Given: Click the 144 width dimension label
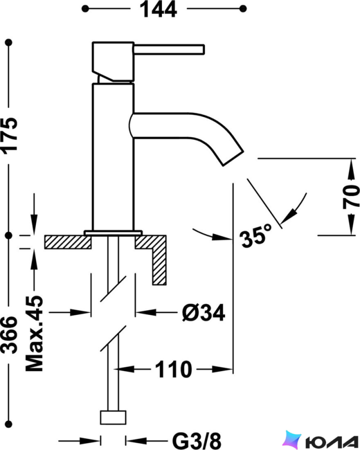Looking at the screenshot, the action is [x=158, y=9].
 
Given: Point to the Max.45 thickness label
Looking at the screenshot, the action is [x=34, y=334].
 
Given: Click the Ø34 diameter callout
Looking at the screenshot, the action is [x=204, y=313].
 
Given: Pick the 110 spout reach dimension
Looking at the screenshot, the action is [x=173, y=369].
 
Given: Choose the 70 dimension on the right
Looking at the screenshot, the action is [x=351, y=197].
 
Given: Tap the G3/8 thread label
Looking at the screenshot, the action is [x=197, y=441].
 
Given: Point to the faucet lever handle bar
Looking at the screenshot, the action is [x=169, y=49].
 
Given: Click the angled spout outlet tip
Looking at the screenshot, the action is [x=233, y=158].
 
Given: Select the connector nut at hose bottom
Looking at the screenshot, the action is [x=113, y=418].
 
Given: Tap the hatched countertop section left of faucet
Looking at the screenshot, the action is [x=68, y=242].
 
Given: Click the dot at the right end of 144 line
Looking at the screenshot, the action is [x=243, y=9].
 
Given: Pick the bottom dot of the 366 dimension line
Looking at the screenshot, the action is [x=9, y=424].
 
